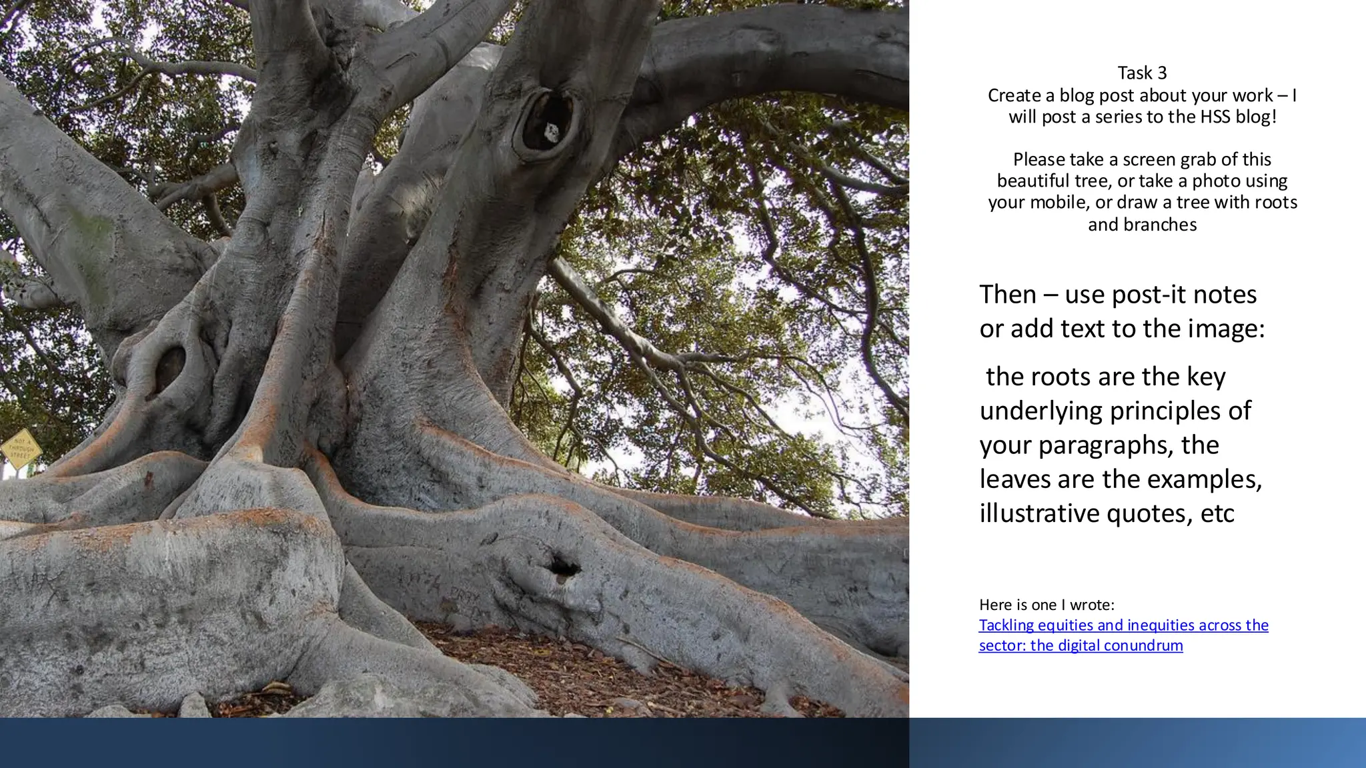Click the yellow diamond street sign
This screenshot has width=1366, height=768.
click(21, 449)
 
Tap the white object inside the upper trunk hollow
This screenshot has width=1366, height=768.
click(552, 131)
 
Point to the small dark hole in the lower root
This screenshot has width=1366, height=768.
click(564, 567)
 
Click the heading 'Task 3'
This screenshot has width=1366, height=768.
click(1142, 73)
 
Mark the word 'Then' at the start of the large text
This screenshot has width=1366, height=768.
click(1008, 294)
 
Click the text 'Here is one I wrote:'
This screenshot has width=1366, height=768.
click(1047, 605)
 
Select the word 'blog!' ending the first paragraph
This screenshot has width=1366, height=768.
click(1256, 117)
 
